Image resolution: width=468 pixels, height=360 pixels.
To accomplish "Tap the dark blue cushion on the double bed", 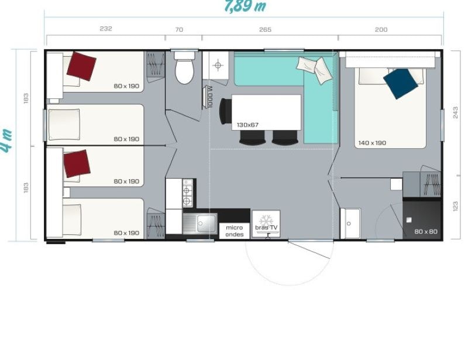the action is (400, 84).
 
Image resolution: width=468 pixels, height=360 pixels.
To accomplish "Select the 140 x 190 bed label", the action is (372, 143).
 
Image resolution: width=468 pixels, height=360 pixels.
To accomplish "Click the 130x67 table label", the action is (247, 125).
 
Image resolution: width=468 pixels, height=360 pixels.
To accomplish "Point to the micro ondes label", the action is (235, 231).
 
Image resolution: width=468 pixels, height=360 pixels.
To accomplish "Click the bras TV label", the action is (266, 228).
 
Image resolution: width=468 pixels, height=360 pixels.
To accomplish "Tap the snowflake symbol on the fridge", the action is (266, 221).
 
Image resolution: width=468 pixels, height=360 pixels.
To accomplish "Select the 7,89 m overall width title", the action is (245, 6).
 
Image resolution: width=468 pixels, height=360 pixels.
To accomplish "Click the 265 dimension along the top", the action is (266, 29).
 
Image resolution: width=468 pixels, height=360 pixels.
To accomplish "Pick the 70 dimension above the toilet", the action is (179, 29).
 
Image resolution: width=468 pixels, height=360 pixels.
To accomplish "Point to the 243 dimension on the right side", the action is (455, 112).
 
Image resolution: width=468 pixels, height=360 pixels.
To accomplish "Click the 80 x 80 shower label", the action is (426, 231).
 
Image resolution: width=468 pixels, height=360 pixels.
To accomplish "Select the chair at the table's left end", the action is (225, 111).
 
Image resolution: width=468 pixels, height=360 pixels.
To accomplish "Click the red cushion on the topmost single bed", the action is (81, 66).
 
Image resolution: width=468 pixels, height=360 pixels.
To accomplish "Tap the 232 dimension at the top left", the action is (106, 29).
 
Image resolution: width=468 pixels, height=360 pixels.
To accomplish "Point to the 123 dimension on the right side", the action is (455, 207).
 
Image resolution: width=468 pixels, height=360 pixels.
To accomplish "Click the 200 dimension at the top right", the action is (381, 29).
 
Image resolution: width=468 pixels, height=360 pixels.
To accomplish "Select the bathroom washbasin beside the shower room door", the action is (350, 224).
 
